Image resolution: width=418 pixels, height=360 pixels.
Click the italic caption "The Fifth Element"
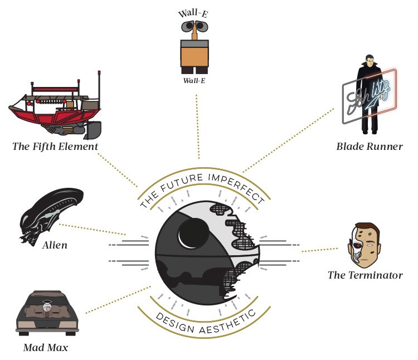(x=55, y=147)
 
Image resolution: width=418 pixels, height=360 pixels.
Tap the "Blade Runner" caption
(x=369, y=147)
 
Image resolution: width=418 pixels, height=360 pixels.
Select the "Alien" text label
(x=55, y=244)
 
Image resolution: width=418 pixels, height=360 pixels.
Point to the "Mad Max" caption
(x=46, y=348)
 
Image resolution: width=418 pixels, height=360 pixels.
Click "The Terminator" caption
(x=365, y=275)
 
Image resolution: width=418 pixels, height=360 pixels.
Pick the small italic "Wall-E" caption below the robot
(x=195, y=80)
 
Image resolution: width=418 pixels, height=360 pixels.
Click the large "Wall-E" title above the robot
(x=195, y=14)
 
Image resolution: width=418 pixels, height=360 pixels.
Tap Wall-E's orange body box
(x=195, y=57)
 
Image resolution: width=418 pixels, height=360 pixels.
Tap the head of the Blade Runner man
(x=369, y=61)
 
